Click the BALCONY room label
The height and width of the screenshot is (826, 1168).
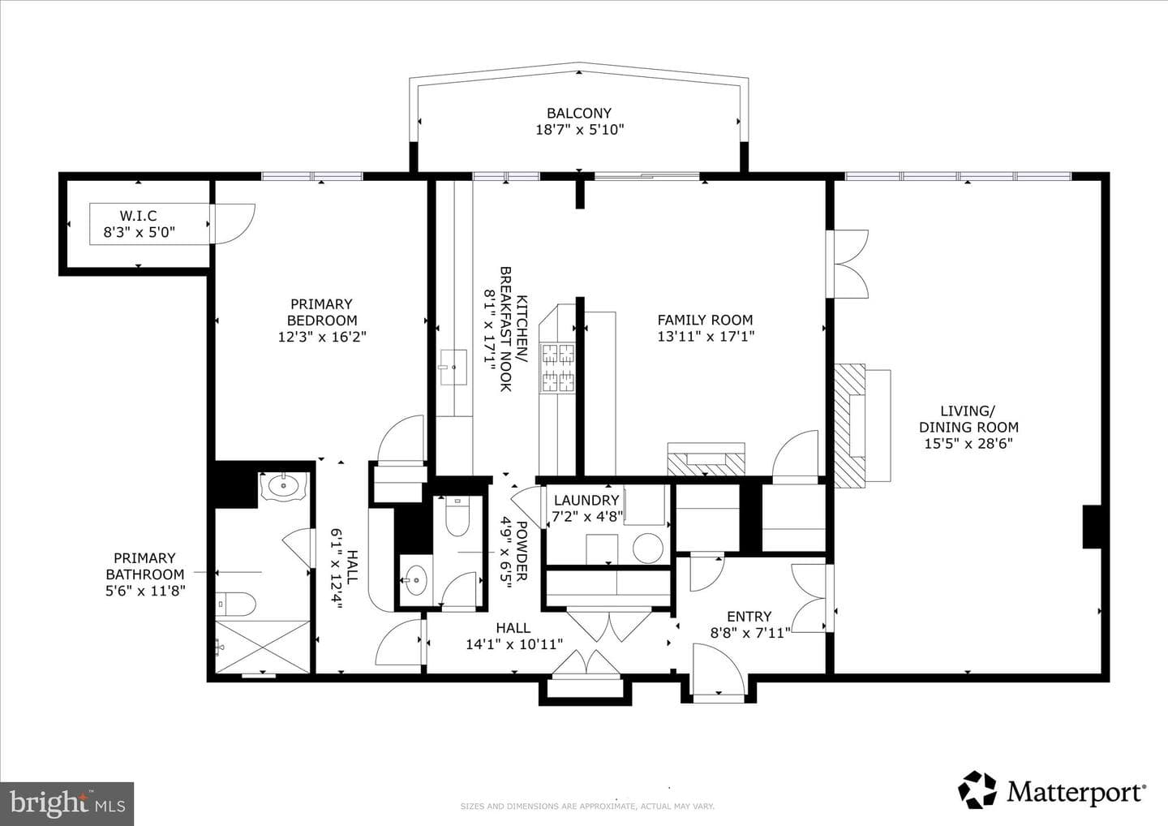coord(579,113)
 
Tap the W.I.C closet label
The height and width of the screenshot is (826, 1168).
coord(138,215)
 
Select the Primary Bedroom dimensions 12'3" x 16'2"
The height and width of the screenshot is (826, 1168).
coord(322,337)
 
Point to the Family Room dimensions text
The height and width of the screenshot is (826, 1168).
coord(706,337)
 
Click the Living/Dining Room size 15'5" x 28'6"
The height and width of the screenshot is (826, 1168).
coord(968,444)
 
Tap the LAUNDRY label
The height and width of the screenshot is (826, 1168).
coord(586,500)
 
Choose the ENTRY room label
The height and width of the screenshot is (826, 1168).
coord(749,617)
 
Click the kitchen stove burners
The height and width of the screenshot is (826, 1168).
coord(558,367)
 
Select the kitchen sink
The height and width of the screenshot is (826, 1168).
coord(453,367)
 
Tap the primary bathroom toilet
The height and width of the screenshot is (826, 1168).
coord(236,605)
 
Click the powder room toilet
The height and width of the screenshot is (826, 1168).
coord(457,516)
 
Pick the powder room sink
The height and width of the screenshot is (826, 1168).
coord(414,579)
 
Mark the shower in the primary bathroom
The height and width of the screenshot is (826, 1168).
coord(262,647)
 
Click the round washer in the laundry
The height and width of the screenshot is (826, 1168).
coord(648,548)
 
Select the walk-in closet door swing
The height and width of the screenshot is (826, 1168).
coord(233,224)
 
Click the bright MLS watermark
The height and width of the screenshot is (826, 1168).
coord(67,803)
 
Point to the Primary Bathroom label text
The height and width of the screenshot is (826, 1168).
coord(145,574)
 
